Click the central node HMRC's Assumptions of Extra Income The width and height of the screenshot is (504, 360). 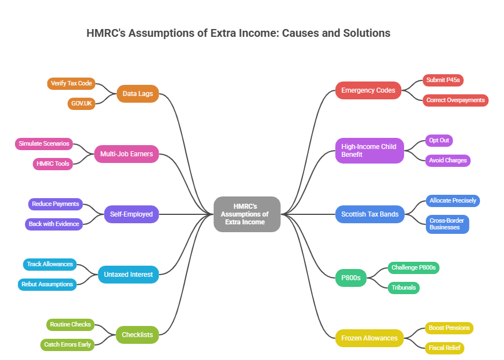pyautogui.click(x=247, y=214)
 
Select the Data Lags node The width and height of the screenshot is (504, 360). pyautogui.click(x=137, y=94)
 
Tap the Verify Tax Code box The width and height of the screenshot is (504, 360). pyautogui.click(x=71, y=84)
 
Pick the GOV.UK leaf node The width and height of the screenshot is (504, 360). pyautogui.click(x=81, y=103)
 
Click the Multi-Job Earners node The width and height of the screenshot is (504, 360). pyautogui.click(x=126, y=153)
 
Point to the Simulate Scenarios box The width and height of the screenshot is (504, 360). pyautogui.click(x=44, y=143)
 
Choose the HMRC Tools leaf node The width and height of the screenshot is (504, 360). pyautogui.click(x=53, y=164)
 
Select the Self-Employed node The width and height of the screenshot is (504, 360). pyautogui.click(x=131, y=214)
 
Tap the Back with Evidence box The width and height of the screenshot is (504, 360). pyautogui.click(x=54, y=224)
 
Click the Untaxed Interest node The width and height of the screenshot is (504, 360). pyautogui.click(x=128, y=274)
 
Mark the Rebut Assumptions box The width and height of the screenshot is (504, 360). pyautogui.click(x=47, y=284)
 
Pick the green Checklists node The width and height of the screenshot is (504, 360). pyautogui.click(x=137, y=335)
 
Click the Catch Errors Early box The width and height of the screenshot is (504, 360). pyautogui.click(x=67, y=344)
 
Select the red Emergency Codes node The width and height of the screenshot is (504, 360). pyautogui.click(x=368, y=90)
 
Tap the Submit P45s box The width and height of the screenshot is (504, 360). pyautogui.click(x=443, y=80)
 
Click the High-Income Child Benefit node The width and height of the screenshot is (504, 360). pyautogui.click(x=369, y=150)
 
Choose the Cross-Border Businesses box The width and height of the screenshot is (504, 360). pyautogui.click(x=447, y=224)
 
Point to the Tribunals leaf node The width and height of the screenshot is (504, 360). pyautogui.click(x=404, y=287)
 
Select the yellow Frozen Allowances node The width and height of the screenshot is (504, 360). pyautogui.click(x=369, y=338)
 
